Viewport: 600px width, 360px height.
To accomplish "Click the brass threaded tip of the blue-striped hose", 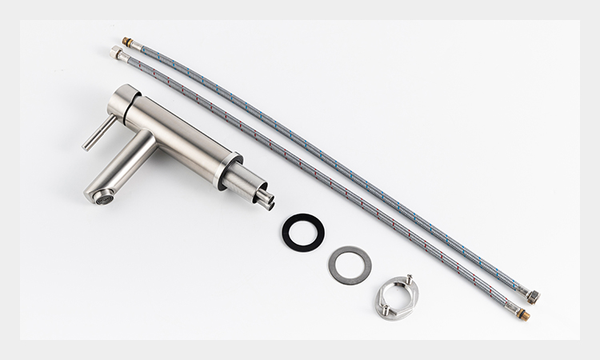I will click(126, 40).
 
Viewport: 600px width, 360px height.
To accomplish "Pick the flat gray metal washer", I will click(349, 264).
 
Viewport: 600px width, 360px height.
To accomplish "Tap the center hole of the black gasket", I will click(303, 230).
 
